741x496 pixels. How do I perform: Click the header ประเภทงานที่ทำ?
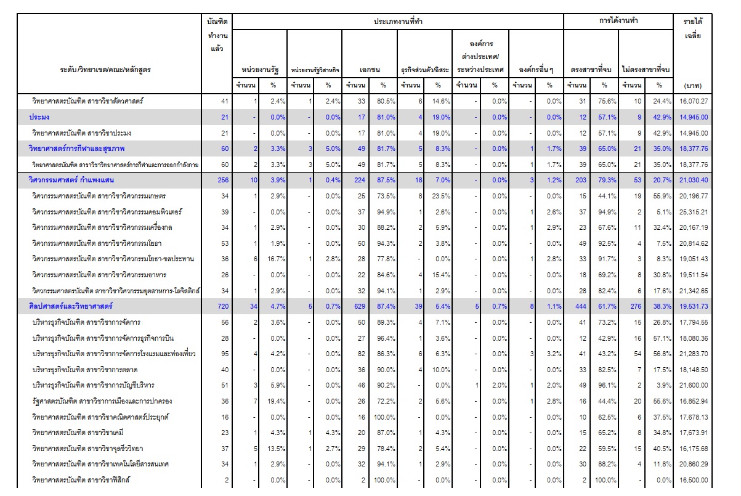pyautogui.click(x=398, y=22)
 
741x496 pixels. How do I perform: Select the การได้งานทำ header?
pyautogui.click(x=618, y=20)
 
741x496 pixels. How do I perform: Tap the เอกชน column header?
pyautogui.click(x=370, y=70)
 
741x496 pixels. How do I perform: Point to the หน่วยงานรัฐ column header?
pyautogui.click(x=260, y=70)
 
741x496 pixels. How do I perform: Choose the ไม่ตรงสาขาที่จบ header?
pyautogui.click(x=646, y=70)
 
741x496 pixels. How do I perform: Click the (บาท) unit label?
pyautogui.click(x=693, y=86)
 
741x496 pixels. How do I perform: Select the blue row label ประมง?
pyautogui.click(x=39, y=117)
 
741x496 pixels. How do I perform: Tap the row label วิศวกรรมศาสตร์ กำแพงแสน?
pyautogui.click(x=71, y=180)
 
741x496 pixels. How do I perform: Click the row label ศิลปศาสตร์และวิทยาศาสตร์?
pyautogui.click(x=71, y=306)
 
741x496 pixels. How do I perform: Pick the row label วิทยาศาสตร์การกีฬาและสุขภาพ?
pyautogui.click(x=77, y=148)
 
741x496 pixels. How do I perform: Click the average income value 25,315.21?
pyautogui.click(x=694, y=212)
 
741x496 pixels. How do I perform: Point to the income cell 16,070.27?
pyautogui.click(x=694, y=101)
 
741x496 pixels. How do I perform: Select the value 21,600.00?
pyautogui.click(x=694, y=385)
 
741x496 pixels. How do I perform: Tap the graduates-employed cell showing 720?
pyautogui.click(x=223, y=306)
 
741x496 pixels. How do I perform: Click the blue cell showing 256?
pyautogui.click(x=223, y=180)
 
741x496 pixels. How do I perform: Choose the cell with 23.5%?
pyautogui.click(x=441, y=196)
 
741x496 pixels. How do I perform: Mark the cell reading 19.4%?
pyautogui.click(x=276, y=401)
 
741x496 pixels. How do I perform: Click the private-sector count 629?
pyautogui.click(x=360, y=306)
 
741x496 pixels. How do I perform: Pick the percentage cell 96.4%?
pyautogui.click(x=386, y=338)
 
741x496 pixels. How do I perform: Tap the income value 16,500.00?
pyautogui.click(x=694, y=480)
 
